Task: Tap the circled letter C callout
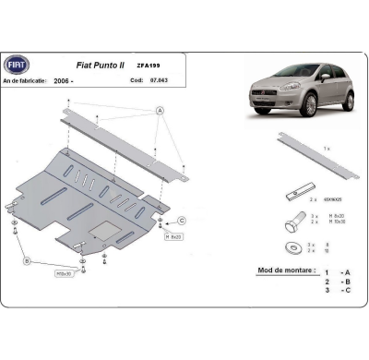point(182,220)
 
